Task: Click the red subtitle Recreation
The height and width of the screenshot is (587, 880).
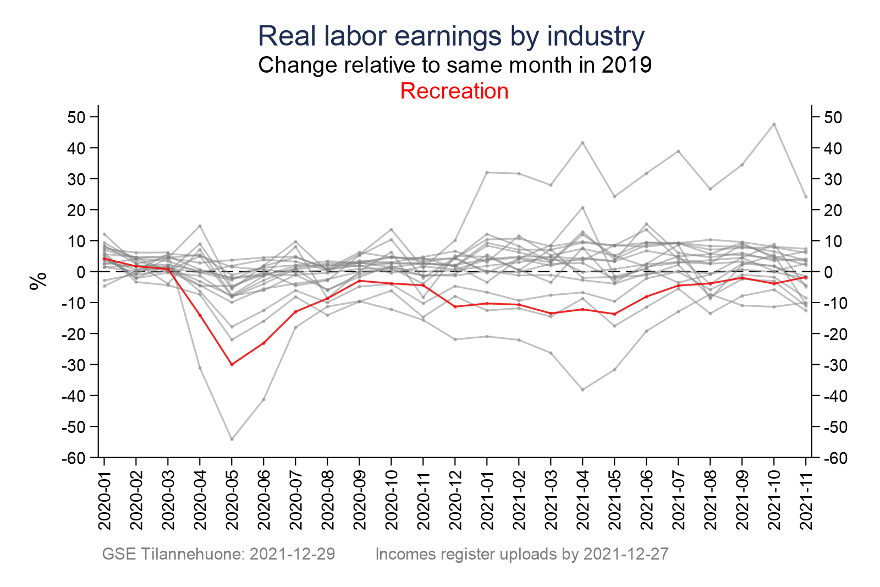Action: pyautogui.click(x=454, y=91)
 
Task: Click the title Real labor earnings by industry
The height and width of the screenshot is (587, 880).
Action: pyautogui.click(x=451, y=36)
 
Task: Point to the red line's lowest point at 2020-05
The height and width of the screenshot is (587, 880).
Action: pyautogui.click(x=232, y=364)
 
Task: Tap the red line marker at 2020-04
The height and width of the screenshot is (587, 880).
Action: pyautogui.click(x=200, y=315)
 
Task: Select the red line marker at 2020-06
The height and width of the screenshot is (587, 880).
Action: pyautogui.click(x=264, y=343)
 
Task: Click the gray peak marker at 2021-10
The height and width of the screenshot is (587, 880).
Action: pyautogui.click(x=774, y=124)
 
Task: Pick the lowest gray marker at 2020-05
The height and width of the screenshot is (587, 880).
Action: pyautogui.click(x=232, y=439)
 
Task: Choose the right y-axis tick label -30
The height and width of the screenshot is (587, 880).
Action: pyautogui.click(x=834, y=365)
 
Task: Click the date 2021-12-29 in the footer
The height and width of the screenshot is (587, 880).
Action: pyautogui.click(x=293, y=554)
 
